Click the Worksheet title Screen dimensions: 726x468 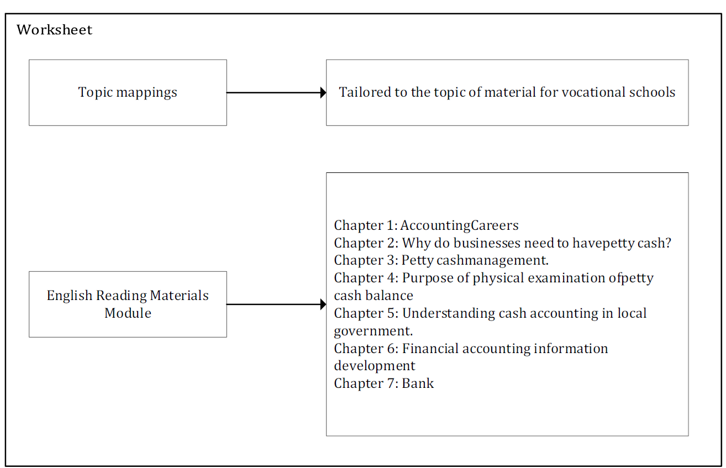click(x=55, y=30)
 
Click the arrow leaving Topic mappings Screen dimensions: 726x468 click(x=276, y=93)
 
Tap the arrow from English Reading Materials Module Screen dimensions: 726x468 click(x=276, y=304)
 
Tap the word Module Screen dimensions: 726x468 click(x=128, y=313)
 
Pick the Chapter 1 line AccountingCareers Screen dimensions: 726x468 click(x=426, y=225)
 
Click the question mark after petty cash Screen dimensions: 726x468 click(x=667, y=243)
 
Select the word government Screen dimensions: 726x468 click(x=373, y=331)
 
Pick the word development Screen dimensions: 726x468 click(x=375, y=366)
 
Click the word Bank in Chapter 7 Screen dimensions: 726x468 click(x=418, y=383)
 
